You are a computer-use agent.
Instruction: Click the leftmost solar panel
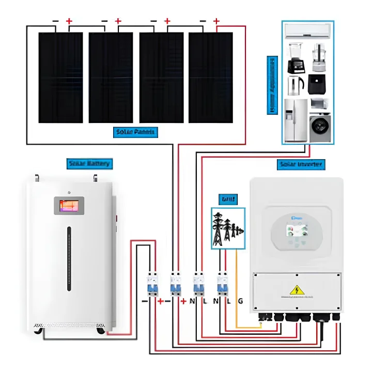click(x=60, y=78)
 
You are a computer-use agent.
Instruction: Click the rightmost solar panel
click(x=210, y=78)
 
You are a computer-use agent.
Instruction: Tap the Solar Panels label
click(x=135, y=132)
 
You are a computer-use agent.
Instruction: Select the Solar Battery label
click(x=89, y=164)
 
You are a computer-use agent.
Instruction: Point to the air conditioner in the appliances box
click(x=308, y=31)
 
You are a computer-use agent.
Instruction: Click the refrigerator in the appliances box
click(x=296, y=120)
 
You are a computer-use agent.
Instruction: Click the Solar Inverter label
click(x=301, y=164)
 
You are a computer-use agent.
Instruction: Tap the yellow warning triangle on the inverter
click(x=297, y=290)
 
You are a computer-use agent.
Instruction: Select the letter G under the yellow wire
click(x=240, y=301)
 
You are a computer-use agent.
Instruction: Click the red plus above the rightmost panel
click(x=216, y=21)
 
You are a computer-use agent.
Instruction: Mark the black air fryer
click(x=317, y=84)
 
